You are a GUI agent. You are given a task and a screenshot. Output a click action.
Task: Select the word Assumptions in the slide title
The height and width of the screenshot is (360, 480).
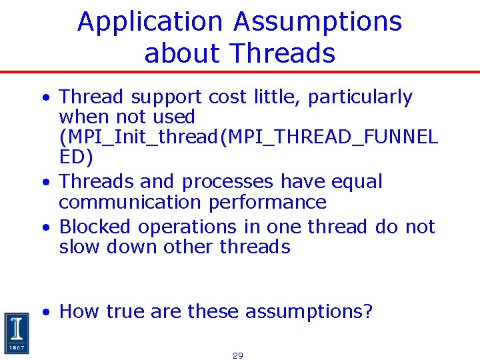(x=318, y=22)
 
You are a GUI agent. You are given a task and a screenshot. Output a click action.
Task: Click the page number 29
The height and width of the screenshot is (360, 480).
(x=238, y=355)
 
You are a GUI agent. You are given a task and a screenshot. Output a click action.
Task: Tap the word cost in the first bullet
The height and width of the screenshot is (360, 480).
(x=227, y=97)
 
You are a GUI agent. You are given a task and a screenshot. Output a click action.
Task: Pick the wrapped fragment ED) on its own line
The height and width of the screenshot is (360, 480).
(x=76, y=157)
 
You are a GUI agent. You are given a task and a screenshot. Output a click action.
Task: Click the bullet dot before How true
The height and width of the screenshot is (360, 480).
(x=45, y=312)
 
